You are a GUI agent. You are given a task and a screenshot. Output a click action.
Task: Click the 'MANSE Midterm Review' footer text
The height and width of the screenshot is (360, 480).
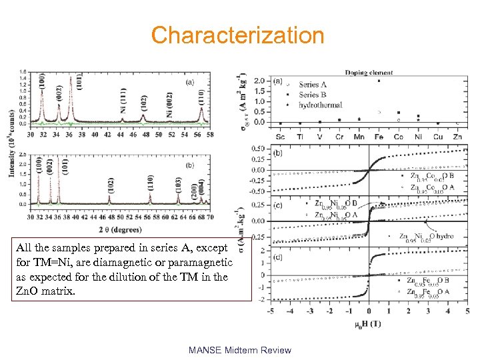(x=239, y=350)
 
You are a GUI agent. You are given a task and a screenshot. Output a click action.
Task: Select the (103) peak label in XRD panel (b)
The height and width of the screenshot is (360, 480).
(x=178, y=185)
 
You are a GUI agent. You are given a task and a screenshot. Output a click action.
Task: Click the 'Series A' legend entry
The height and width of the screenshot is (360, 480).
(x=313, y=85)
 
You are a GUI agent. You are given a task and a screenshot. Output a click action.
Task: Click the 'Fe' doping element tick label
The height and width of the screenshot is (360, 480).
(x=379, y=135)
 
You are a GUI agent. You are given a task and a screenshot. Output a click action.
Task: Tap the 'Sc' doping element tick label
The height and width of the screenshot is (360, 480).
(x=280, y=135)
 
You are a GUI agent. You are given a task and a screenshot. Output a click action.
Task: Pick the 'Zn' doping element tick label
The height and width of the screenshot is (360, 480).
(x=457, y=135)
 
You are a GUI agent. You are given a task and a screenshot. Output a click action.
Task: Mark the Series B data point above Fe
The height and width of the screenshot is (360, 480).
(x=379, y=81)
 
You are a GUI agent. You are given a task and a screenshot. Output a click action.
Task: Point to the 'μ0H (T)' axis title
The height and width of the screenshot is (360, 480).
(x=368, y=325)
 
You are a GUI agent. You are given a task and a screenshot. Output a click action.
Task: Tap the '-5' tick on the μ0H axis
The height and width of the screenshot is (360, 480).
(x=270, y=311)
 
